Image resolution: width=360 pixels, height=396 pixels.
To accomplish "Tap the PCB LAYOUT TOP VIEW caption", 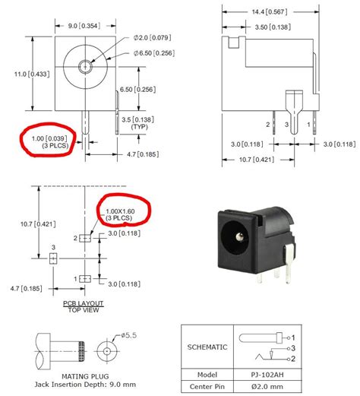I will tap(84, 306).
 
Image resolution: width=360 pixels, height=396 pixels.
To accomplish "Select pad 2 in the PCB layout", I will tap(85, 239).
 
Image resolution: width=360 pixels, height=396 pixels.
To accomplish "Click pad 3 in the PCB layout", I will tap(52, 258).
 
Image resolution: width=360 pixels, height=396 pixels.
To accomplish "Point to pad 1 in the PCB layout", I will tap(85, 279).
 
